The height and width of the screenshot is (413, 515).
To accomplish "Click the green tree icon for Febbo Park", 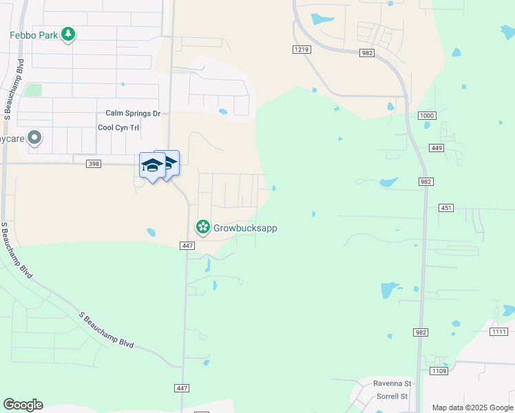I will pos(67,34).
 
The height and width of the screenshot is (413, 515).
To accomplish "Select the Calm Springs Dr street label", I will pos(132,113).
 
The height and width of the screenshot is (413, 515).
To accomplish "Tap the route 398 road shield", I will pos(94,163).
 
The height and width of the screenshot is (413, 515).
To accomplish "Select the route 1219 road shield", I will pos(301,49).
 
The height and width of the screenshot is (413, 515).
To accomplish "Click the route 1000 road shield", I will pos(426,116).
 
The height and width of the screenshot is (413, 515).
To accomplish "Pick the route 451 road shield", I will pos(446,207).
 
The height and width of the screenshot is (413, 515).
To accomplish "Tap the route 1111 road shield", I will pos(499,332).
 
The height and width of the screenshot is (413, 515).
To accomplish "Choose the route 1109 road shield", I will pos(439,371).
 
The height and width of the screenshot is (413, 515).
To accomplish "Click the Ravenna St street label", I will pos(392,383).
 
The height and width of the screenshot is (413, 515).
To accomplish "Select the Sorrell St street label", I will pos(392,396).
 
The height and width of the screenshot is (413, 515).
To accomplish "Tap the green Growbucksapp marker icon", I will pos(202,226).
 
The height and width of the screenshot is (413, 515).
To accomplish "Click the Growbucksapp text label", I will pos(244,227).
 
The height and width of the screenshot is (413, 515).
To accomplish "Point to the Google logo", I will pos(23,405).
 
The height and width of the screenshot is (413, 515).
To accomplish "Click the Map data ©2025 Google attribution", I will pos(472,407).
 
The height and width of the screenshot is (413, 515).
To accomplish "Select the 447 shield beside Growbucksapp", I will pos(187,246).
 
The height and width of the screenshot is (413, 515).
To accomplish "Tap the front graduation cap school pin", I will pos(152,165).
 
